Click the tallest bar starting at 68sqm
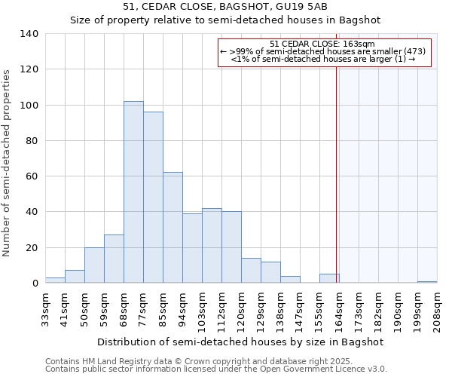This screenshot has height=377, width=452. pos(133,192)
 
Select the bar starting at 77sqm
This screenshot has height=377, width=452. pos(153,198)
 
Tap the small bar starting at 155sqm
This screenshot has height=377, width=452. pos(329,278)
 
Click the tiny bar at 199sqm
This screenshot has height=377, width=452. pos(427,282)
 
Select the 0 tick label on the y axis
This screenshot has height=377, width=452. pos(35,284)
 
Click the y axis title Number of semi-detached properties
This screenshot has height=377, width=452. pos(8,162)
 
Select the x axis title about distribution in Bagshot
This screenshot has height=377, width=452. pos(240,342)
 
